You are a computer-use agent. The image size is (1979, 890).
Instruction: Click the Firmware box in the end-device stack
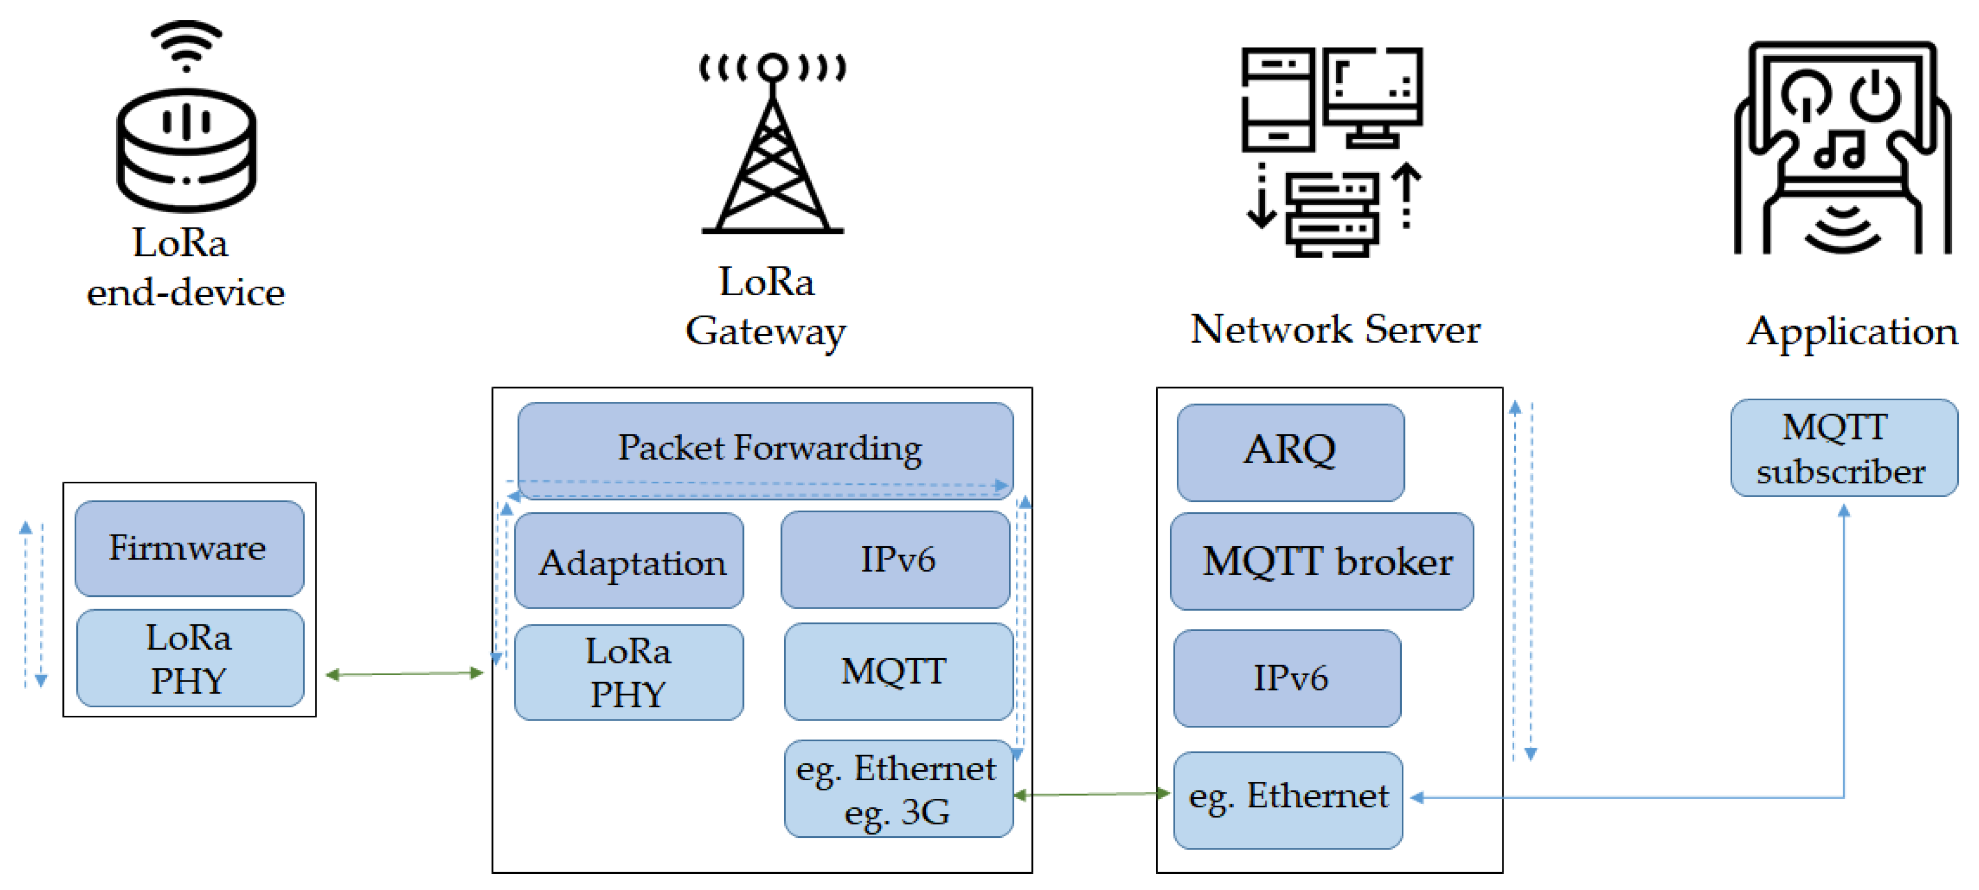[189, 548]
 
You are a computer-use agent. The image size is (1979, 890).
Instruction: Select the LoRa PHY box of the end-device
[189, 658]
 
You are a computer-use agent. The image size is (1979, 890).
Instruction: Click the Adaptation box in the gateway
[629, 561]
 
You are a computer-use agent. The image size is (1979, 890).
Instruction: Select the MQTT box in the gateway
[898, 671]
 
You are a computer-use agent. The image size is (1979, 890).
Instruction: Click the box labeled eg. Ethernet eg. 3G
[898, 789]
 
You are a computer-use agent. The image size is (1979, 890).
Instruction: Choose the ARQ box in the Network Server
[1290, 451]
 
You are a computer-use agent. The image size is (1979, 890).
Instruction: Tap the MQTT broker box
[1321, 561]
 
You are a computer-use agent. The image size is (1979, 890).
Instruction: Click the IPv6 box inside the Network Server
[1287, 678]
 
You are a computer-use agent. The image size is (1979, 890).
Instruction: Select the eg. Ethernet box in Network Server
[1288, 799]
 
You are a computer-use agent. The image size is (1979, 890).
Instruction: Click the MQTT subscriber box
[1843, 448]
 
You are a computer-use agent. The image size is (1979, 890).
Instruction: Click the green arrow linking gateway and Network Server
[1092, 794]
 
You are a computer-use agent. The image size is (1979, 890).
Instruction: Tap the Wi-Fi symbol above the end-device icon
[186, 45]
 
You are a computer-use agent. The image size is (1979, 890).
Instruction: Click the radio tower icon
[772, 146]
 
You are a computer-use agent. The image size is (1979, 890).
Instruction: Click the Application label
[1852, 331]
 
